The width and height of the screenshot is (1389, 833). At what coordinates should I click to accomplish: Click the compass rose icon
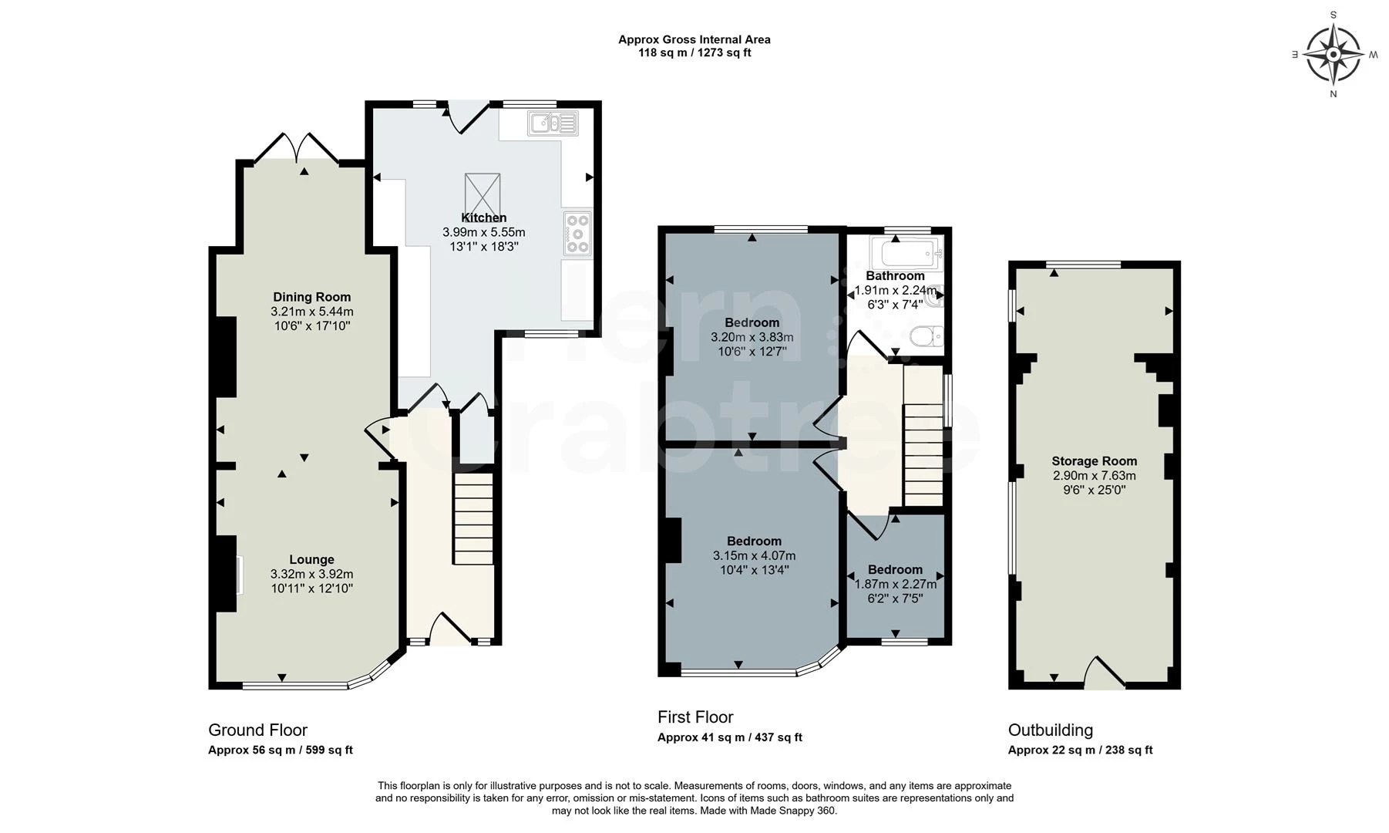pyautogui.click(x=1334, y=54)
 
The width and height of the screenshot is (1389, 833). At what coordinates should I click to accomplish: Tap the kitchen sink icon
pyautogui.click(x=552, y=123)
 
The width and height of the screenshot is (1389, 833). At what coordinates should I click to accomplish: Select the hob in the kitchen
pyautogui.click(x=577, y=233)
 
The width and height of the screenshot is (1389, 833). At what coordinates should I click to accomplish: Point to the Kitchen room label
pyautogui.click(x=483, y=218)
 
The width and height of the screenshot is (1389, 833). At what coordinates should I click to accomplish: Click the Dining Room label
pyautogui.click(x=311, y=297)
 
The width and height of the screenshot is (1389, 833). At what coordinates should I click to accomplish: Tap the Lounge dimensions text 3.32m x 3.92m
pyautogui.click(x=311, y=574)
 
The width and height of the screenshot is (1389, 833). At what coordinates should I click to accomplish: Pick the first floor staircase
pyautogui.click(x=923, y=436)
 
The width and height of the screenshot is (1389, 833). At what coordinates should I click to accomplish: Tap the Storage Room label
pyautogui.click(x=1094, y=461)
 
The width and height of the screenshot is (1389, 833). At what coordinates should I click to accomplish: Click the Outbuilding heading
pyautogui.click(x=1050, y=730)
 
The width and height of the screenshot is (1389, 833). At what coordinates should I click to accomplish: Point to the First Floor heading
pyautogui.click(x=695, y=717)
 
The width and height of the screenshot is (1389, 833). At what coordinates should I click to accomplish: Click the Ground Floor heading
pyautogui.click(x=257, y=730)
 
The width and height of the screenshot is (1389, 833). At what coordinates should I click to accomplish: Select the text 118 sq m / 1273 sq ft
pyautogui.click(x=694, y=53)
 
